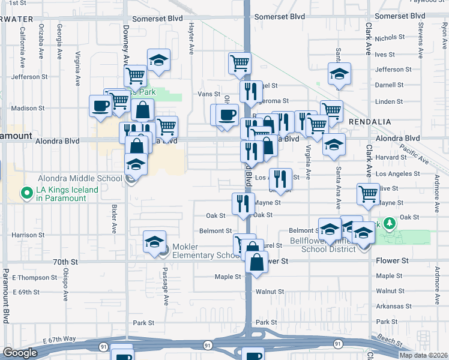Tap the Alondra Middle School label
(x=80, y=178)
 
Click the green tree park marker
(x=390, y=223)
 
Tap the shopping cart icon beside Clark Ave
(x=368, y=194)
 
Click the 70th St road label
(x=65, y=262)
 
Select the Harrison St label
(x=24, y=235)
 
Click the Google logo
(x=20, y=353)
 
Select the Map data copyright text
(x=424, y=355)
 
